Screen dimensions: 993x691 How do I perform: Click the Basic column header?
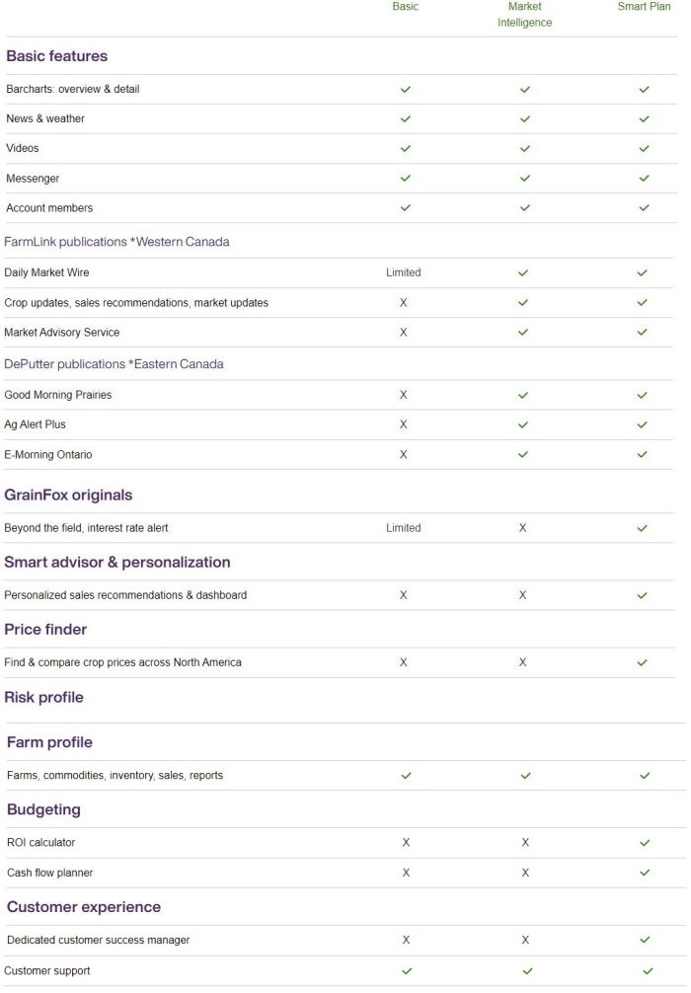[x=405, y=6]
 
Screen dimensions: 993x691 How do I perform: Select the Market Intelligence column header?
[x=524, y=14]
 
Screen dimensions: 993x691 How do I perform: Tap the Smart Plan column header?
[x=644, y=6]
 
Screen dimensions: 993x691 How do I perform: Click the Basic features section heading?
[x=56, y=56]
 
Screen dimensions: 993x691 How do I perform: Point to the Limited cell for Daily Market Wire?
[x=403, y=272]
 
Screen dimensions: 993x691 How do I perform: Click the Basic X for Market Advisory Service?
[x=403, y=333]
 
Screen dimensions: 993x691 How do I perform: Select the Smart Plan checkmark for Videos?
[x=644, y=149]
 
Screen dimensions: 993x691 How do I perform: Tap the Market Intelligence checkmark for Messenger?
[x=524, y=179]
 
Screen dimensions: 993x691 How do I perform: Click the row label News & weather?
[x=45, y=118]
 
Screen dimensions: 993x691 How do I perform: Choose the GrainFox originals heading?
[x=68, y=496]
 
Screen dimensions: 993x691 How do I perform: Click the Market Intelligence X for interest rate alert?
[x=522, y=528]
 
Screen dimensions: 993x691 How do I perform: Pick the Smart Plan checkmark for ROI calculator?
[x=645, y=843]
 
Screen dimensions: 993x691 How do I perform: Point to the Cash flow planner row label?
[x=49, y=873]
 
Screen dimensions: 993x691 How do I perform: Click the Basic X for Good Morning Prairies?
[x=403, y=395]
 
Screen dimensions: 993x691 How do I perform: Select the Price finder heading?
[x=45, y=630]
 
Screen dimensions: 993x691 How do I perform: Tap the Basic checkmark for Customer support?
[x=406, y=971]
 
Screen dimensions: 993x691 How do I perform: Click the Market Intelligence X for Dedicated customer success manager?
[x=525, y=940]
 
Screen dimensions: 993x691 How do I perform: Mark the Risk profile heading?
[x=43, y=698]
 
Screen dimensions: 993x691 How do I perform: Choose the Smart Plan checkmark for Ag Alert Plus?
[x=642, y=424]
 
